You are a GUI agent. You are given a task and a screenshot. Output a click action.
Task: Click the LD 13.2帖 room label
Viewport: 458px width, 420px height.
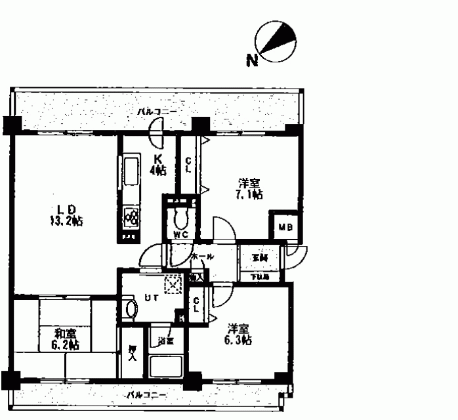tap(66, 215)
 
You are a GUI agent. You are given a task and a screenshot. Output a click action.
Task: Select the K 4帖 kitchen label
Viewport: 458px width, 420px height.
tap(158, 163)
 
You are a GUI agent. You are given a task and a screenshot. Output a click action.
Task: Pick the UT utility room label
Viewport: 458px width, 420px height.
tap(151, 297)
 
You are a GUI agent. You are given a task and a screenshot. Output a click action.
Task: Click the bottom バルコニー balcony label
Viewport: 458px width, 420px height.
tap(146, 396)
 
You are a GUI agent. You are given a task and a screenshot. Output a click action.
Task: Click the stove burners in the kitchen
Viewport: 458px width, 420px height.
tap(131, 216)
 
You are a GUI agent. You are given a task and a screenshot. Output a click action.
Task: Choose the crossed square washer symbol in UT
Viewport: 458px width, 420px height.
tap(173, 284)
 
